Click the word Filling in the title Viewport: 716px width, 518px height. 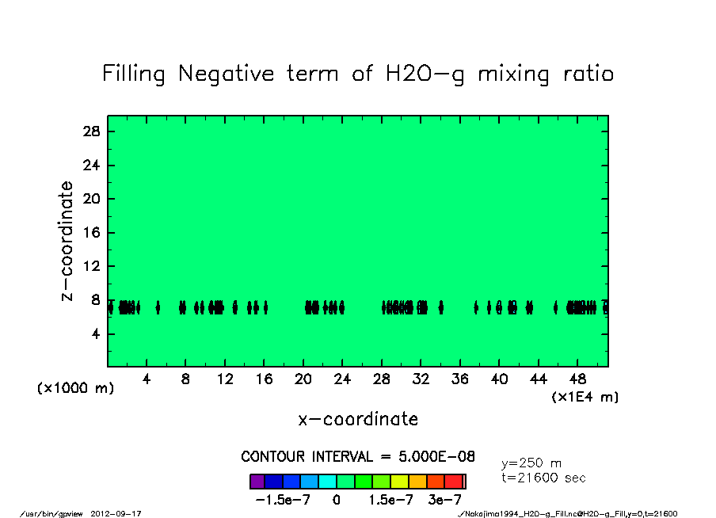click(x=134, y=74)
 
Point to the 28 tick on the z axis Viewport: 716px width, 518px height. click(x=92, y=132)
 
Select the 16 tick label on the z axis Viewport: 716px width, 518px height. click(x=92, y=234)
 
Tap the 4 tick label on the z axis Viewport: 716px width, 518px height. click(x=96, y=334)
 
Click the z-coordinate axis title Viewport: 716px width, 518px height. click(x=68, y=241)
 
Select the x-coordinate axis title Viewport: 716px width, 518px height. click(x=358, y=419)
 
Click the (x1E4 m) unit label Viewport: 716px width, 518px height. click(x=585, y=397)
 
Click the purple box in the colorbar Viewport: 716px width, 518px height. click(x=257, y=481)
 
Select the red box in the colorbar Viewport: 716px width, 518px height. click(x=454, y=481)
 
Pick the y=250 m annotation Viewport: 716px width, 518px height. click(x=531, y=463)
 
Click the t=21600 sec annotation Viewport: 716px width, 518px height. click(x=543, y=478)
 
